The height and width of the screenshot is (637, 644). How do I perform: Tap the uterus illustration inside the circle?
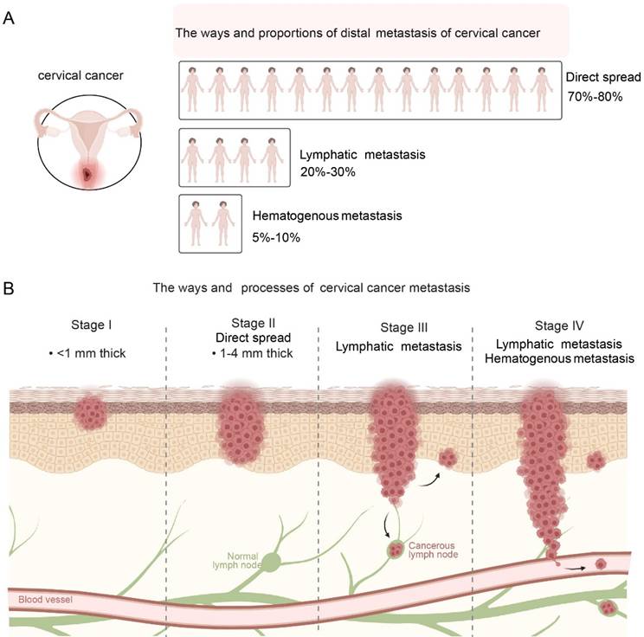(x=87, y=143)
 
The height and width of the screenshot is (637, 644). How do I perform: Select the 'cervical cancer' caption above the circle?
(x=86, y=76)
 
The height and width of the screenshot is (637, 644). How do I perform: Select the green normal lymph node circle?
(x=271, y=562)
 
